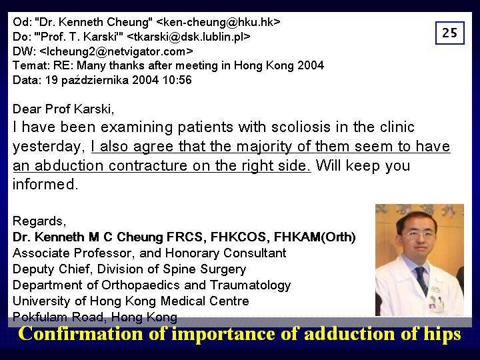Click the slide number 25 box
tap(450, 33)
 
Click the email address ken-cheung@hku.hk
tap(218, 22)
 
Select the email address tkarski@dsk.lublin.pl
tap(189, 37)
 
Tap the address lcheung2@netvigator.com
tap(116, 51)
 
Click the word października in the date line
tap(95, 81)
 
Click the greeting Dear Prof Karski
tap(63, 109)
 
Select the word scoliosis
tap(301, 127)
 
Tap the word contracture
tap(147, 165)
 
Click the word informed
tap(45, 184)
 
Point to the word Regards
tap(39, 221)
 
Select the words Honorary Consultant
tap(225, 253)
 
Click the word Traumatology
tap(250, 285)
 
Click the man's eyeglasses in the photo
tap(420, 235)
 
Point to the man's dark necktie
tap(422, 279)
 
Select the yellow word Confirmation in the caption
tap(81, 333)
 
